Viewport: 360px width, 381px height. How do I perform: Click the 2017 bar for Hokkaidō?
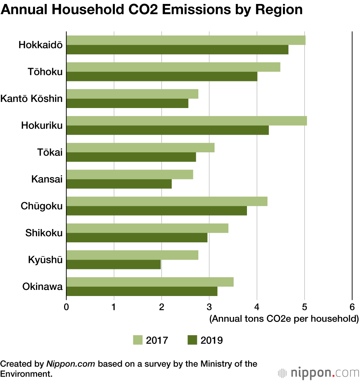click(186, 40)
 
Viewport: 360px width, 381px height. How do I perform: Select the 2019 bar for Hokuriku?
click(167, 130)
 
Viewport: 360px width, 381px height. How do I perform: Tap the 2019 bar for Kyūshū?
click(113, 265)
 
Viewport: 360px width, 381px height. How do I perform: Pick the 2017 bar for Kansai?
click(130, 175)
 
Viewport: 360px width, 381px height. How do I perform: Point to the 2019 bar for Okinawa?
click(142, 291)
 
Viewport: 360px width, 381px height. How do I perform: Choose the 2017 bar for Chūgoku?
click(167, 201)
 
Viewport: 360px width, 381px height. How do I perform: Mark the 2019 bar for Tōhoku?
click(162, 76)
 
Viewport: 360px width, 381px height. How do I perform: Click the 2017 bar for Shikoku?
click(147, 228)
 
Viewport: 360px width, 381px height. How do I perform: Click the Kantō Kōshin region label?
click(32, 99)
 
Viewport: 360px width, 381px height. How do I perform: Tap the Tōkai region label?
click(50, 152)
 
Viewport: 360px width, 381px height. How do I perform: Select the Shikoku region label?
click(44, 233)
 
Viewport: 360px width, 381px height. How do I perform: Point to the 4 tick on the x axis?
click(257, 307)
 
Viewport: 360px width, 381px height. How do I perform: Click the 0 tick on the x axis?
click(67, 307)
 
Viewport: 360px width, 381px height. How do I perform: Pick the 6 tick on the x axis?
click(352, 307)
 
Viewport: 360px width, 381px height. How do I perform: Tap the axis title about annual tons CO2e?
click(284, 319)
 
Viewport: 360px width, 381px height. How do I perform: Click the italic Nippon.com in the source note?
click(71, 364)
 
